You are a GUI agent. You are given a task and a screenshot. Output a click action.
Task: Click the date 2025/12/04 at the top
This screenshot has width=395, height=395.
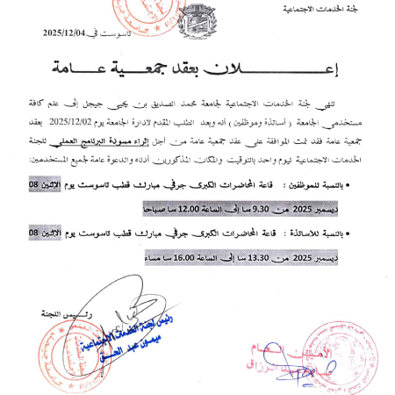pyautogui.click(x=68, y=34)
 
